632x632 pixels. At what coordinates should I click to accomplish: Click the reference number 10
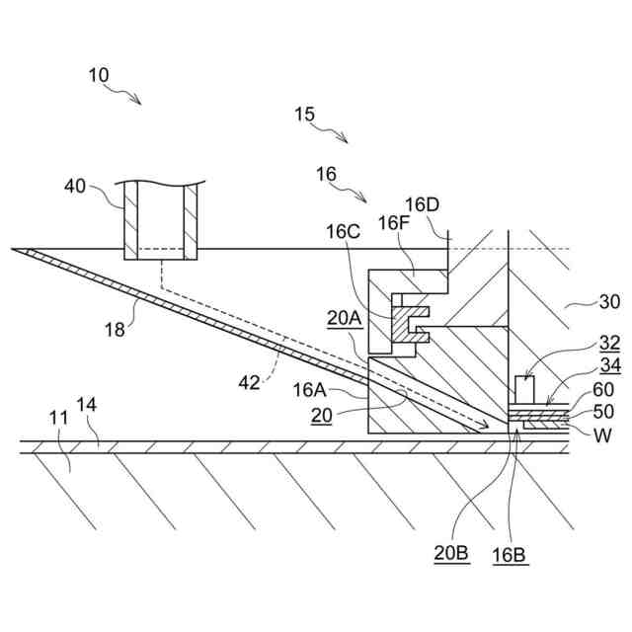tap(99, 75)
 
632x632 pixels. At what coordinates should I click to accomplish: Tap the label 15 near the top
tap(304, 115)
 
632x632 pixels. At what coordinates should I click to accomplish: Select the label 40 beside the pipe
tap(75, 186)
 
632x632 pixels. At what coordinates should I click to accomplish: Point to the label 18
tap(116, 330)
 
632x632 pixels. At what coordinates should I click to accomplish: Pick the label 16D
tap(422, 204)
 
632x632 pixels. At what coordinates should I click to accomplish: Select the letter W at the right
tap(600, 434)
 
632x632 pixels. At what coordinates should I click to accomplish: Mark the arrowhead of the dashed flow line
tap(486, 428)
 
